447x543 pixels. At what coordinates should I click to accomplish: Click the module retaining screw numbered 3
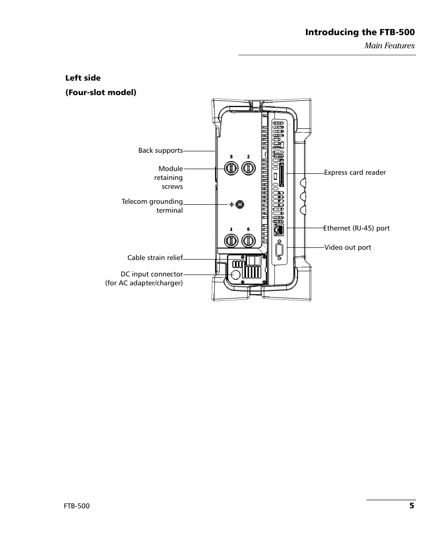coord(231,168)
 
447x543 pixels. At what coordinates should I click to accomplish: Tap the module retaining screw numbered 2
coord(248,168)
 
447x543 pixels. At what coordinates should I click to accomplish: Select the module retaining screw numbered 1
coord(231,241)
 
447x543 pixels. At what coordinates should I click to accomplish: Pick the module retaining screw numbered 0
coord(248,241)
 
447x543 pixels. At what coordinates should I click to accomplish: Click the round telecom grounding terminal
coord(240,204)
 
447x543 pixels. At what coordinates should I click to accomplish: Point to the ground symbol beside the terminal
coord(231,205)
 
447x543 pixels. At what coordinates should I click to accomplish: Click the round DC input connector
coord(236,275)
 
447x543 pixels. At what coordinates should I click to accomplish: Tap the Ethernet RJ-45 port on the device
coord(278,229)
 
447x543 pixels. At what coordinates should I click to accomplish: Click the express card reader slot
coord(282,174)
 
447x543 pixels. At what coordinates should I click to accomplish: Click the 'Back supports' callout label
coord(160,150)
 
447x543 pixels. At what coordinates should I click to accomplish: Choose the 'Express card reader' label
coord(355,172)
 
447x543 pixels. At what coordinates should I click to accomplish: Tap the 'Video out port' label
coord(348,247)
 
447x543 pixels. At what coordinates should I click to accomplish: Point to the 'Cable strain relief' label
coord(155,258)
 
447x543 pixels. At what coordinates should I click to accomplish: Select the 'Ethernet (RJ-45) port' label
coord(357,228)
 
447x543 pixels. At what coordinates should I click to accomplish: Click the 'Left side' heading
coord(82,78)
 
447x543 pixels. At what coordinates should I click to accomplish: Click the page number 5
coord(411,506)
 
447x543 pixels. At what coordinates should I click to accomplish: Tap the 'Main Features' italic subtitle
coord(390,45)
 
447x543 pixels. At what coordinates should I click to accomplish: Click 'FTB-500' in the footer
coord(77,506)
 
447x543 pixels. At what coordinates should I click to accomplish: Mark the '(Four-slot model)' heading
coord(100,92)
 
